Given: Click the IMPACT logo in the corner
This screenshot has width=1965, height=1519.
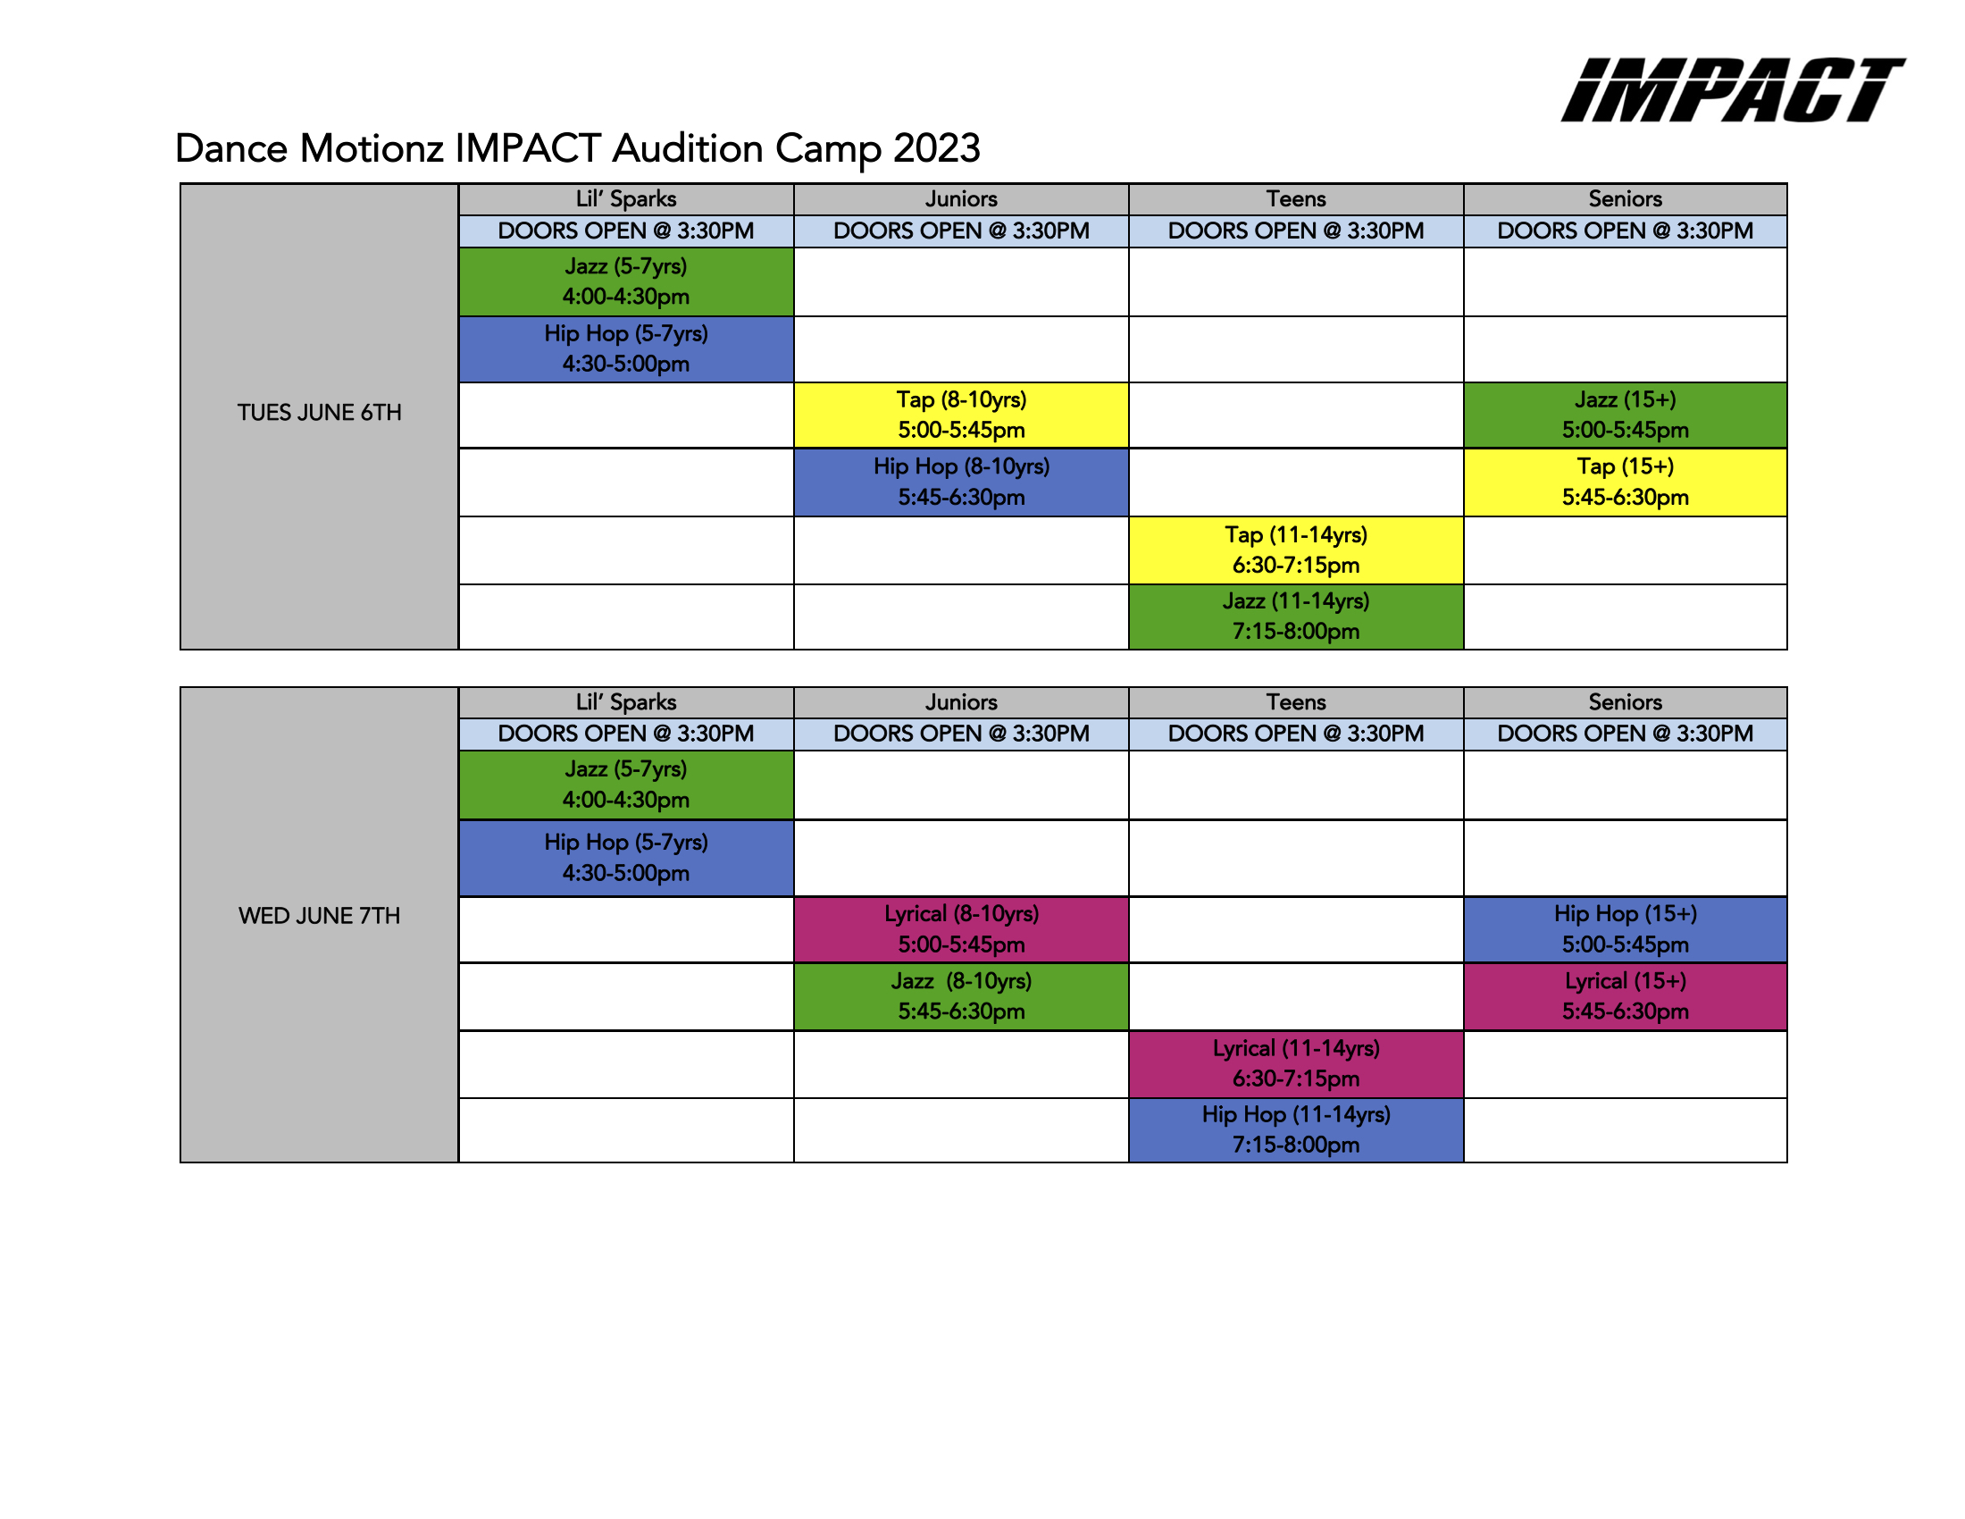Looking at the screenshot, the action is click(1732, 90).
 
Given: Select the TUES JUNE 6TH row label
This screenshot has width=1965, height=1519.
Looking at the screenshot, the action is click(320, 413).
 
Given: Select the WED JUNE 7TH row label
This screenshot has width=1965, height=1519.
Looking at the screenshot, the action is click(320, 916).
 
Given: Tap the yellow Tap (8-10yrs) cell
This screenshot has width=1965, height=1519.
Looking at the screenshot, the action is click(961, 415).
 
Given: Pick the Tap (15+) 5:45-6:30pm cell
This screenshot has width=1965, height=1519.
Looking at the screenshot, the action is click(1625, 483).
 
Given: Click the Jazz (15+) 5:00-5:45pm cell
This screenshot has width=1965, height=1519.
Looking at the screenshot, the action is click(1625, 415).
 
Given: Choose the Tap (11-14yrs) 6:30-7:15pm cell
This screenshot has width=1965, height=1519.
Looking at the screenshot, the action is click(1296, 550).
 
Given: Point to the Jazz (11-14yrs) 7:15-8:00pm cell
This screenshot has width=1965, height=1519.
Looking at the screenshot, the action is click(1296, 617).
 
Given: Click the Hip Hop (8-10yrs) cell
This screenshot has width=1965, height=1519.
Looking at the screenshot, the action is click(961, 483).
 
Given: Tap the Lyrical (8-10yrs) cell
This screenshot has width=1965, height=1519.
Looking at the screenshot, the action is click(961, 929).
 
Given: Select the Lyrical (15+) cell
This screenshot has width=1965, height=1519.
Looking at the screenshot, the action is click(1625, 996).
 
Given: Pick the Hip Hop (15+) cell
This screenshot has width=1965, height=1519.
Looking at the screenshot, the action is click(1625, 929).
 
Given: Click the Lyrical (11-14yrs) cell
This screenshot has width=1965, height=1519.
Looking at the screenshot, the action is click(1296, 1063).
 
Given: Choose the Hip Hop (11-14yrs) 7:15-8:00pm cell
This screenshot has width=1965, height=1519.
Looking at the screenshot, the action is click(1296, 1130).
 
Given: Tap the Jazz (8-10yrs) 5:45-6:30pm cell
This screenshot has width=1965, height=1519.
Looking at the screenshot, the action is click(961, 996).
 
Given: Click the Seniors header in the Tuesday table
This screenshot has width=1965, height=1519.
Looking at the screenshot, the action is click(1625, 199).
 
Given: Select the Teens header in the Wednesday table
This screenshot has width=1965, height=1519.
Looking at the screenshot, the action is click(1296, 702).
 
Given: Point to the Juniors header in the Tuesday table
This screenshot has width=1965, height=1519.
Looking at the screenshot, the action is click(961, 199).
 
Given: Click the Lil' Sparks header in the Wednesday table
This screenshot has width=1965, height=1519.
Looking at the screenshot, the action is click(626, 702).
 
